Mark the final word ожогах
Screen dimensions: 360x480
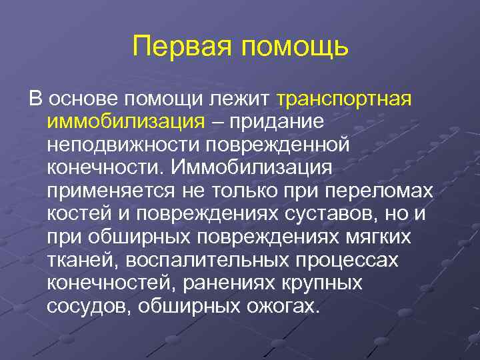coord(280,306)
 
